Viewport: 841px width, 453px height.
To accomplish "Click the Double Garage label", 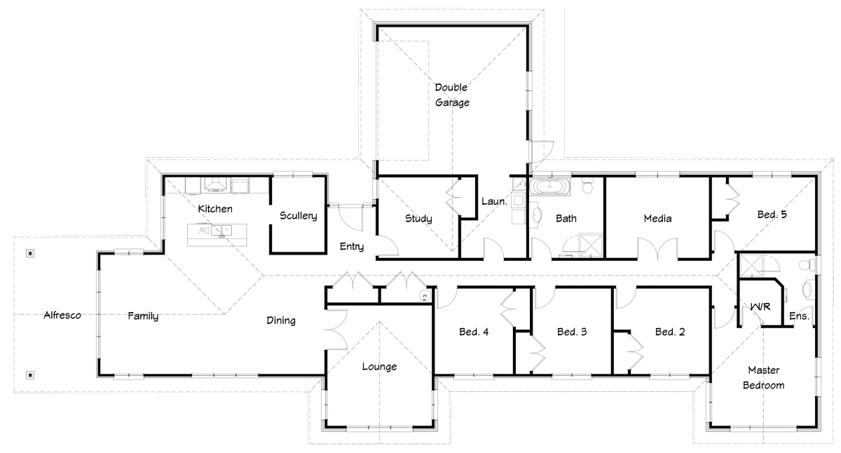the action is click(451, 95).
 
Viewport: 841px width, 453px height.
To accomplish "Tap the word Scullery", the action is click(298, 215).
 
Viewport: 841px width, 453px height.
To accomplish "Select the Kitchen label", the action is click(215, 208).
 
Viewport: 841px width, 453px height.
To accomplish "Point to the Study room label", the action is click(418, 219).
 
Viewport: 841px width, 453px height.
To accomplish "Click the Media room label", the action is click(657, 218).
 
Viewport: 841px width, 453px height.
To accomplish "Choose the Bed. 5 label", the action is click(772, 215).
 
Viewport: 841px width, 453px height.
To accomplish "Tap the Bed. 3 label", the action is click(572, 332).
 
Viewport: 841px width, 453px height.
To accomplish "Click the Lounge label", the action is click(379, 367).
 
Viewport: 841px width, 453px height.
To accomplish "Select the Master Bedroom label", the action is click(764, 377).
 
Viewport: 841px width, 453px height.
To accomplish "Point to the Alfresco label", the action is click(62, 315).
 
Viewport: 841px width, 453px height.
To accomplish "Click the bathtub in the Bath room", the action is click(549, 187).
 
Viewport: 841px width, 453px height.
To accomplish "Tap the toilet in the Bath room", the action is click(587, 185).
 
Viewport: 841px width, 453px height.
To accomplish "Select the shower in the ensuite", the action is click(751, 266).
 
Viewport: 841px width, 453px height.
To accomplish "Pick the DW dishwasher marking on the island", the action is click(204, 231).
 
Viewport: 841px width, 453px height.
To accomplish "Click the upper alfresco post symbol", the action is click(30, 254).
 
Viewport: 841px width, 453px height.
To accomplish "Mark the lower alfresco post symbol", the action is click(30, 375).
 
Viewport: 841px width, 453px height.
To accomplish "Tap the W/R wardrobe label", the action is click(760, 307).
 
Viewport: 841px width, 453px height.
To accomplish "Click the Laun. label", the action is click(494, 201).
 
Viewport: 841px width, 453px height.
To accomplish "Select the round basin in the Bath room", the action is click(538, 215).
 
